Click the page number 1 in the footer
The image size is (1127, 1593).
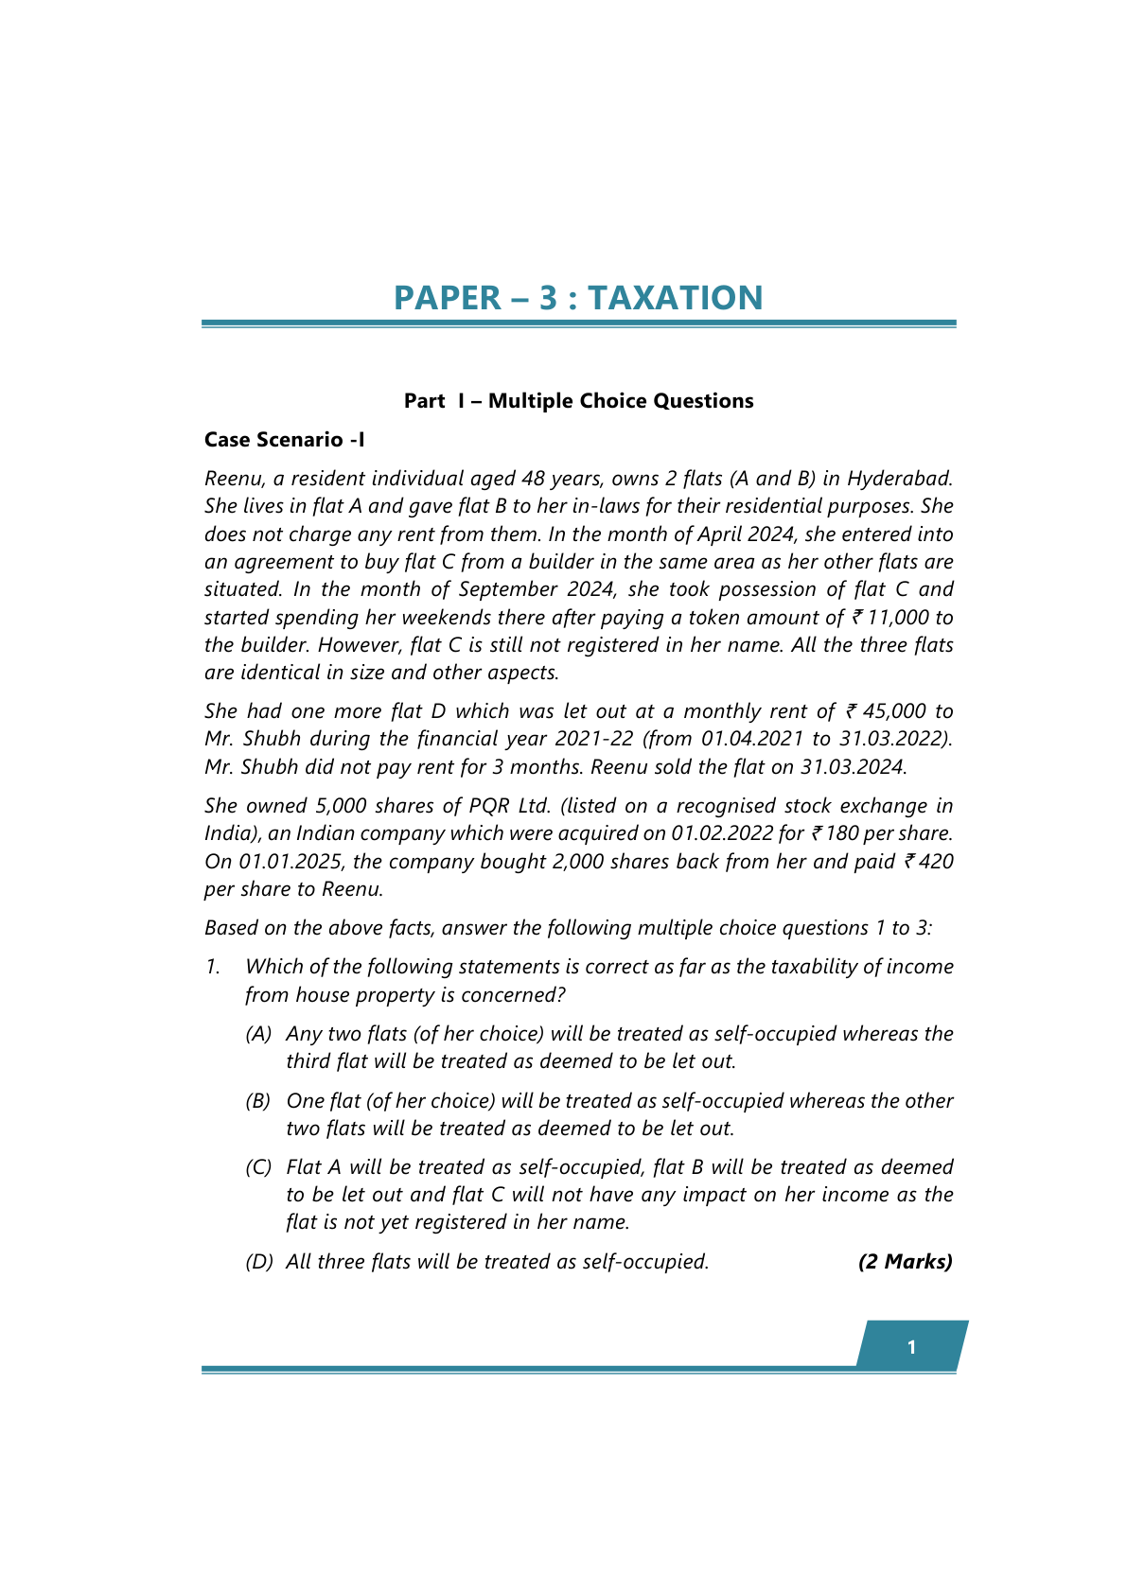point(911,1347)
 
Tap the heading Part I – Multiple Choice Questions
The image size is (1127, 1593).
point(578,401)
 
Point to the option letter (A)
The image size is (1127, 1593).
point(258,1034)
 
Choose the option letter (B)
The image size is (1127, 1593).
point(258,1101)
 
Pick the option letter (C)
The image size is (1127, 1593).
point(258,1167)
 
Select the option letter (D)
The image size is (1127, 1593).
point(258,1262)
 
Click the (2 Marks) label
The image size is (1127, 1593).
point(905,1262)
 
